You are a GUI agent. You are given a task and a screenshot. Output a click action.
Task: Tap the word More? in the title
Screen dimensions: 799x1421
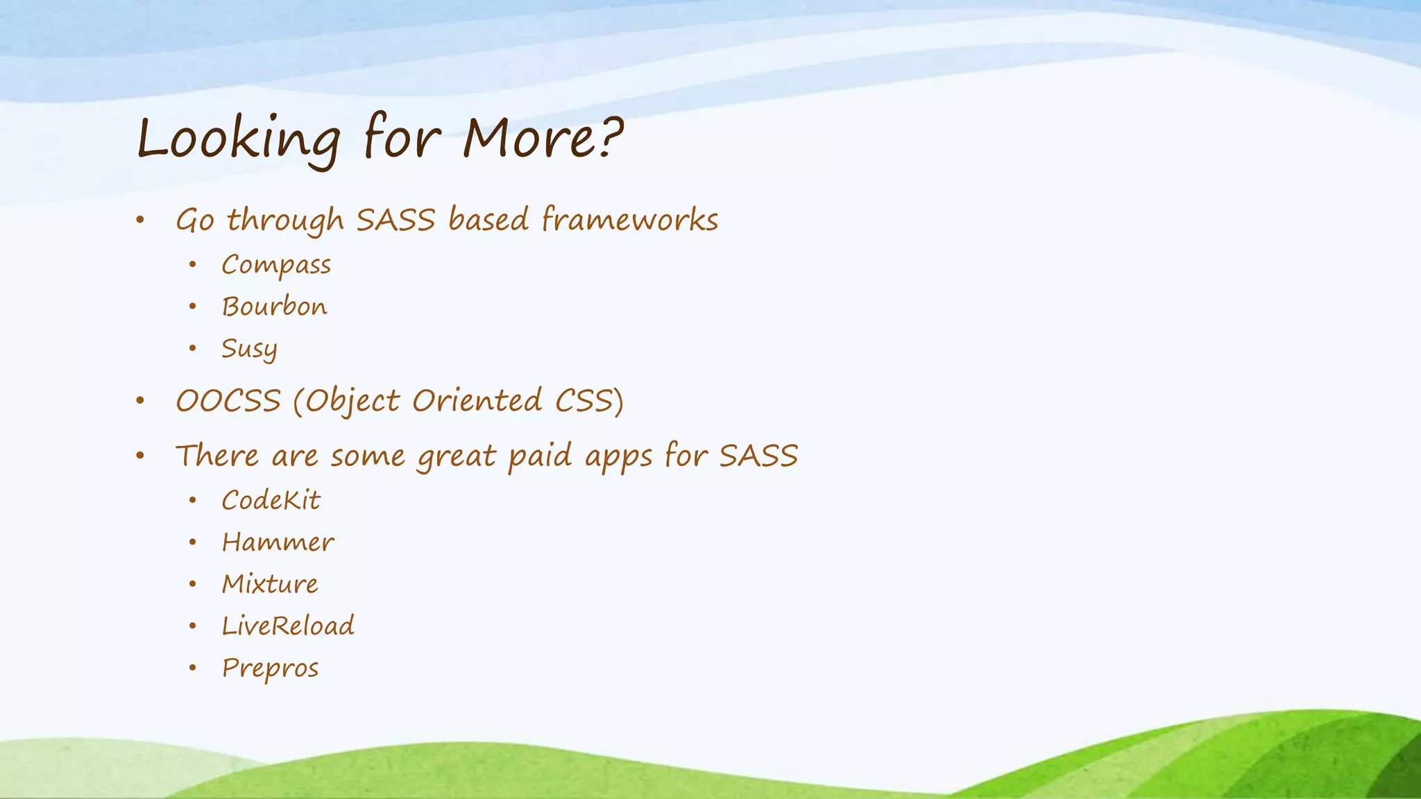(x=543, y=137)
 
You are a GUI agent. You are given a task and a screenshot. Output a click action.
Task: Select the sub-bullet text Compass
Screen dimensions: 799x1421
(x=276, y=265)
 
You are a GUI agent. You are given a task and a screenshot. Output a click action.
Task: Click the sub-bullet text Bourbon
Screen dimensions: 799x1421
(x=274, y=307)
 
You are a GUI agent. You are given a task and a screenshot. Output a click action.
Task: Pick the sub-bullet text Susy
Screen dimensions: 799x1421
(x=249, y=348)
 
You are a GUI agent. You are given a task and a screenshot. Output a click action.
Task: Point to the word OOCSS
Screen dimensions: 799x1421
(x=228, y=401)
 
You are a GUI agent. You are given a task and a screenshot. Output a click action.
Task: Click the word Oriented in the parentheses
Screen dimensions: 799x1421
(x=477, y=401)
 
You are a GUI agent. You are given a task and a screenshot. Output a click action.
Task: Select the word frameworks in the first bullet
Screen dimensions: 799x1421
(x=629, y=220)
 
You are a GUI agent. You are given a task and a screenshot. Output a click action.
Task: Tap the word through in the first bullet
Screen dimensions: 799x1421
(x=285, y=221)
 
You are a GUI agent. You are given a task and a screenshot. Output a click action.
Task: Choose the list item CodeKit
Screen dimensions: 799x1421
(x=271, y=500)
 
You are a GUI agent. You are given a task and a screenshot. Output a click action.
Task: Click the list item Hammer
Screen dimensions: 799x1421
(x=278, y=542)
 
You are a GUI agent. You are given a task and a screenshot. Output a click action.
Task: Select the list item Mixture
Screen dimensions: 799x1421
(x=270, y=584)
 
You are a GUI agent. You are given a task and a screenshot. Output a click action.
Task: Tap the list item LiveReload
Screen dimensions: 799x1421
(x=288, y=626)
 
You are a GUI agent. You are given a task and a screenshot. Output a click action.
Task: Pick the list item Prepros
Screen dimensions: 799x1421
(x=270, y=668)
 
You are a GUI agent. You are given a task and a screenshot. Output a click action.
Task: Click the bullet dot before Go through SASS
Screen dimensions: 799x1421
(x=140, y=221)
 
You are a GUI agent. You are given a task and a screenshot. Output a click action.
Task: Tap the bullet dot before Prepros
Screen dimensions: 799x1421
(x=193, y=668)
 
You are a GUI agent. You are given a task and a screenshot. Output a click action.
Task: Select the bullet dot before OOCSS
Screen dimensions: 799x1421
(x=140, y=401)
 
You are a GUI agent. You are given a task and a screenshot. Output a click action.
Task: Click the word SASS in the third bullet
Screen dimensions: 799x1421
(x=758, y=456)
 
